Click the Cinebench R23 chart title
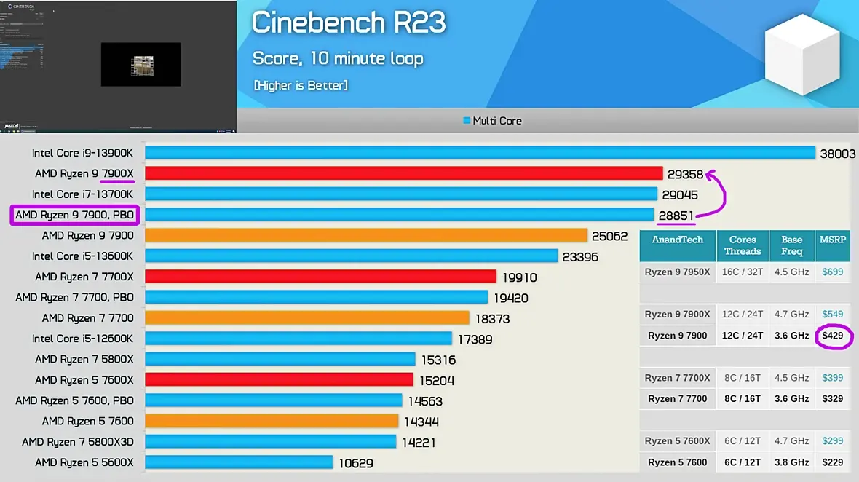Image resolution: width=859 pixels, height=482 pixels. coord(348,23)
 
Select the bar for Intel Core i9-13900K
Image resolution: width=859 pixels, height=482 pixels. coord(480,153)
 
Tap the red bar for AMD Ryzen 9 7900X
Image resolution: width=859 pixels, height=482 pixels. coord(403,173)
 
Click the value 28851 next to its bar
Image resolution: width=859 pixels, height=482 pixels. coord(676,215)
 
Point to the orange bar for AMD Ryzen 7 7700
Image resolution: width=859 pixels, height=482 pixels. coord(306,318)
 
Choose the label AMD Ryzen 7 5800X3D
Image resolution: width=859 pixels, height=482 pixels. coord(78,442)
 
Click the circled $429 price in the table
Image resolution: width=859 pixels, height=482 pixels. coord(832,336)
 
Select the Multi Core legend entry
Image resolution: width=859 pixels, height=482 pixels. coord(493,121)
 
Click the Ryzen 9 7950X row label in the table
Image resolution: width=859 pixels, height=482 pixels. coord(677,272)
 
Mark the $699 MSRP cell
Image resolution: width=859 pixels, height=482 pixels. coord(832,272)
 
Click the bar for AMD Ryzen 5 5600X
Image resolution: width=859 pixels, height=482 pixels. coord(239,462)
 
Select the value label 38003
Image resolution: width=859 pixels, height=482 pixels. coord(837,154)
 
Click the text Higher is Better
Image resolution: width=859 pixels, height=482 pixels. coord(300,86)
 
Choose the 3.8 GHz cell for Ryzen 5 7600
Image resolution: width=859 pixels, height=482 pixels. coord(791,462)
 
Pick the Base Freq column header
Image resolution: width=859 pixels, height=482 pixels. coord(791,245)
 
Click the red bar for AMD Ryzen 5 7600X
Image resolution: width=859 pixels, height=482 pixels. coord(279,379)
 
